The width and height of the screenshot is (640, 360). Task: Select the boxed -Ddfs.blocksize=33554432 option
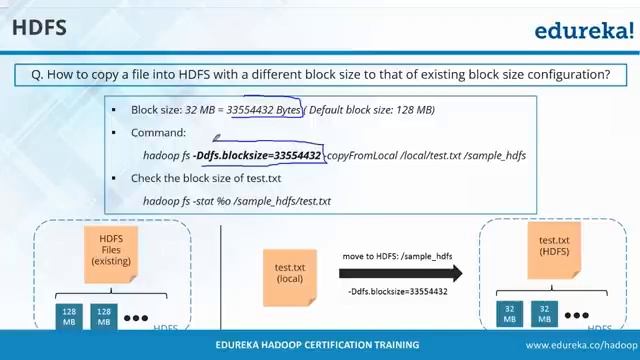click(259, 156)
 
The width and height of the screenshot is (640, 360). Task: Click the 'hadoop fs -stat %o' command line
click(237, 201)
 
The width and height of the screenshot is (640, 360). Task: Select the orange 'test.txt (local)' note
click(290, 270)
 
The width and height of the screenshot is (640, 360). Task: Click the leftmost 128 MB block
click(69, 315)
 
